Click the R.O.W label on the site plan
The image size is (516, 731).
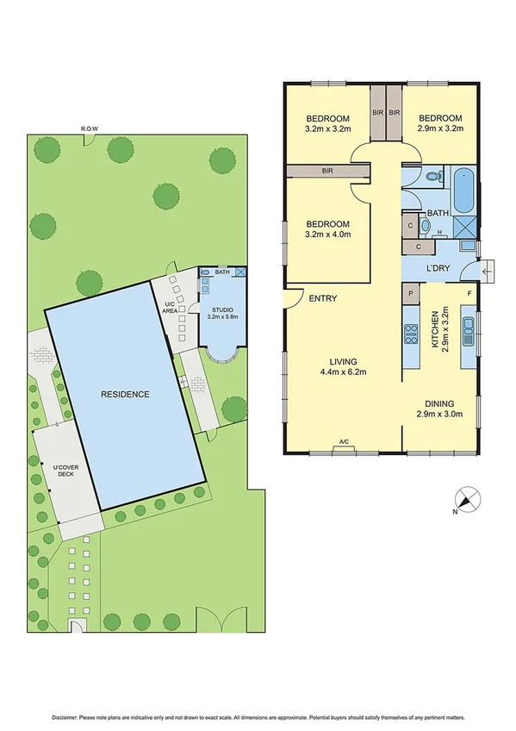click(89, 129)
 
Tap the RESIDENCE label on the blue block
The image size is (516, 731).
click(125, 394)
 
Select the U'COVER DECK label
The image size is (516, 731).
click(64, 472)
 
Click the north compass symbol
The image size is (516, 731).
click(468, 499)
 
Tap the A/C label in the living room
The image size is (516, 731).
click(344, 442)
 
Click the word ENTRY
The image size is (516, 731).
click(322, 298)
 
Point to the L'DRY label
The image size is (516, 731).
click(439, 268)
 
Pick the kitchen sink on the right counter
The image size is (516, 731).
click(469, 330)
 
